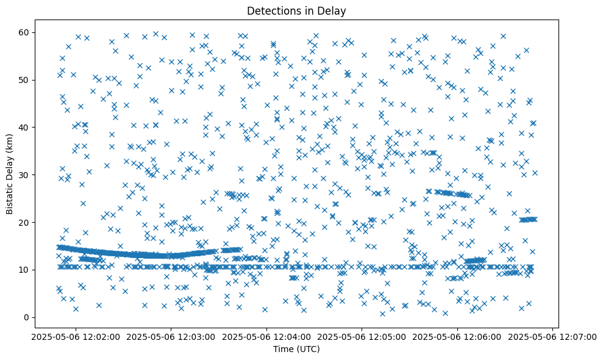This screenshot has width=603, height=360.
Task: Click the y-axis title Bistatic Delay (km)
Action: [10, 174]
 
